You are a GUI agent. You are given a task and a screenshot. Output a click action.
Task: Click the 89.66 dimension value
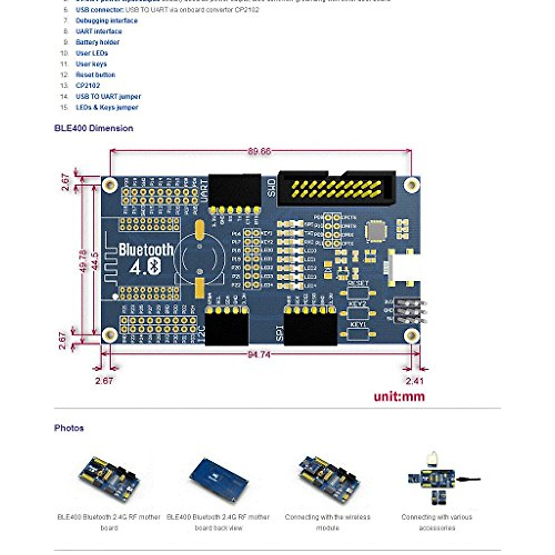pos(259,151)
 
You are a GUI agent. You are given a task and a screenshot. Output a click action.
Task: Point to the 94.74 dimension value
pos(259,354)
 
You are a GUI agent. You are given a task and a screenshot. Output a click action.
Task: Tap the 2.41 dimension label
pos(414,381)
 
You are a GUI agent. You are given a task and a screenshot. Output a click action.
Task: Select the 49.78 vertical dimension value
pos(83,260)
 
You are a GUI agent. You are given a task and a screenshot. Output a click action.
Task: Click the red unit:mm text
pos(399,396)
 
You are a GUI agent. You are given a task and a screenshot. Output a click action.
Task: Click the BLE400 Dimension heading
pos(94,128)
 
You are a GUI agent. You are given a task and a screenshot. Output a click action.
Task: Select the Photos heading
pos(69,428)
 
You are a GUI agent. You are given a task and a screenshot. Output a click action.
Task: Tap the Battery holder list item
pos(98,42)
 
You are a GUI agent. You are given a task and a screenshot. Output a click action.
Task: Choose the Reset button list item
pos(95,74)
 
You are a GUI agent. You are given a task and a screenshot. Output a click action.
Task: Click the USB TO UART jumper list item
pos(108,96)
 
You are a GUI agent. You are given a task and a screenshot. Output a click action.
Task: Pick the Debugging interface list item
pos(106,20)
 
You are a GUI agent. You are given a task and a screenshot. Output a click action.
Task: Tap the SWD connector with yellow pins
pos(337,188)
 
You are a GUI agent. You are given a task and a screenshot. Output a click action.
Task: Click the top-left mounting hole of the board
pos(110,185)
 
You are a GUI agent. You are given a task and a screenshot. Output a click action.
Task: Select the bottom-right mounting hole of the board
pos(411,335)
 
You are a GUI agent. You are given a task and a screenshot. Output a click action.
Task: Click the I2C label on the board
pos(201,334)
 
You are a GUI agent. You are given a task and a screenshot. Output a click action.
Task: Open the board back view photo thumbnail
pos(218,479)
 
